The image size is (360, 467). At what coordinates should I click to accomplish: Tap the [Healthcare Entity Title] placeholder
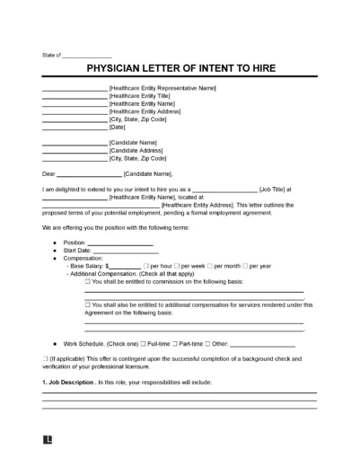tap(147, 95)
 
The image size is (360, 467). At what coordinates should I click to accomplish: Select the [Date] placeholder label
tap(118, 127)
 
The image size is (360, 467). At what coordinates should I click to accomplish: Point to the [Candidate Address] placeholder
tap(140, 150)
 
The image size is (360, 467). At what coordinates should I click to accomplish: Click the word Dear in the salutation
tap(48, 173)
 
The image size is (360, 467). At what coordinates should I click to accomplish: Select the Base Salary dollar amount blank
tap(125, 267)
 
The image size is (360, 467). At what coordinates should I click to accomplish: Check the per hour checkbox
tap(146, 267)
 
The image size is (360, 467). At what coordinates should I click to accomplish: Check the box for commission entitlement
tap(87, 282)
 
